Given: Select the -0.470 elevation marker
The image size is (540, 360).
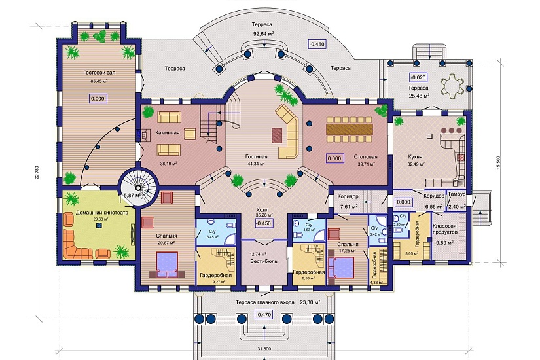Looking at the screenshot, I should coord(263,315).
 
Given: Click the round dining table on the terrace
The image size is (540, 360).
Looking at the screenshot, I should coord(451,84).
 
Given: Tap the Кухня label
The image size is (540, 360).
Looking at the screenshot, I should coord(414,158).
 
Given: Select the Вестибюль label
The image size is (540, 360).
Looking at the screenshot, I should coord(264,261).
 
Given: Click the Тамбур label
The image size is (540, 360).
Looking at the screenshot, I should coord(457,196).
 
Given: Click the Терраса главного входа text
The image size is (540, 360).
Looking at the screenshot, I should coord(265,303).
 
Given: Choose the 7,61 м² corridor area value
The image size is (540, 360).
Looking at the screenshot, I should coord(348,207).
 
